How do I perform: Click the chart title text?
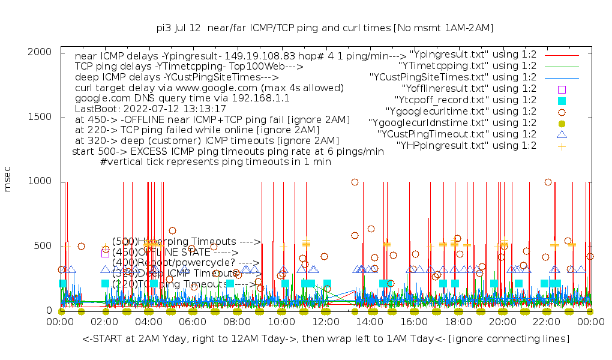click(x=325, y=28)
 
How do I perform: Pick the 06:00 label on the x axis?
click(x=193, y=322)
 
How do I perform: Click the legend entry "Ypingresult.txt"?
click(x=473, y=55)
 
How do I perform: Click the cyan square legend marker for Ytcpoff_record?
click(x=562, y=100)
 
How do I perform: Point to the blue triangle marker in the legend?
click(x=562, y=134)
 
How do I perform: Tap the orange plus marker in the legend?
click(x=562, y=145)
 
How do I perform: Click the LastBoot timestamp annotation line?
click(x=151, y=109)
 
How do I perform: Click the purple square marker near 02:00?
click(x=106, y=253)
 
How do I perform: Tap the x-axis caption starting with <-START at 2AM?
click(x=326, y=340)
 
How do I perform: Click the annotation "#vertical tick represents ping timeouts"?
click(x=216, y=161)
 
